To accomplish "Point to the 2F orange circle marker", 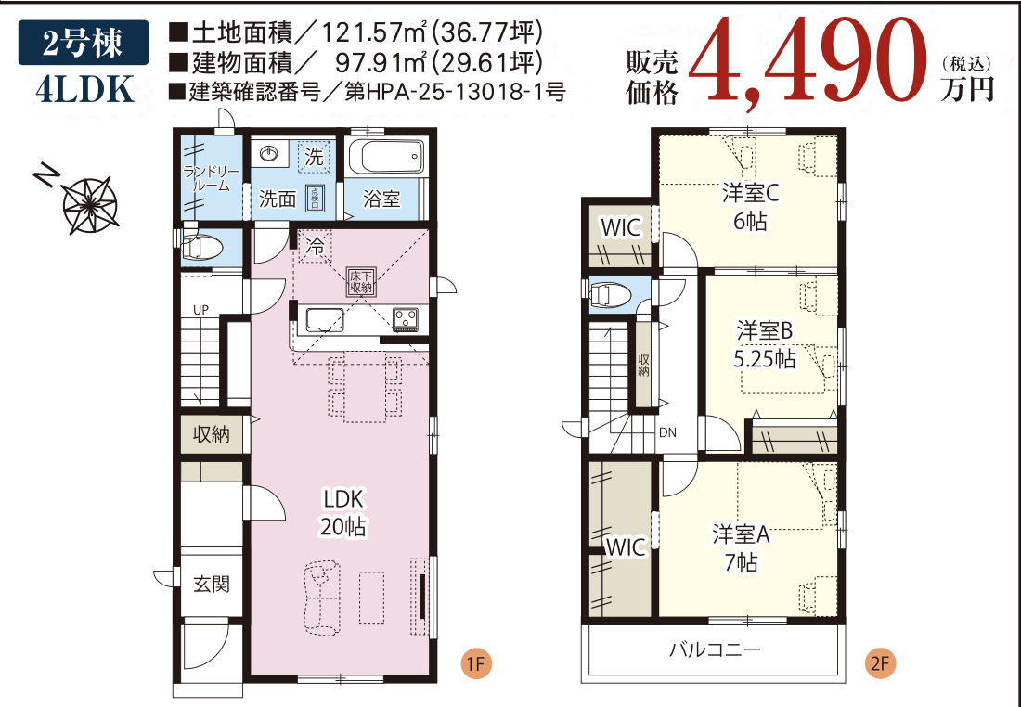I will point(880,664).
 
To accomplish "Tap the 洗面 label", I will point(277,199).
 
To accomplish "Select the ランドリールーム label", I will point(212,178).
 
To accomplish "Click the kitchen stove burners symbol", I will point(406,319).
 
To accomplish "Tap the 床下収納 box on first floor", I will point(361,281).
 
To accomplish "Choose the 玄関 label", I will point(212,585).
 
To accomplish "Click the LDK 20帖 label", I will point(343,512).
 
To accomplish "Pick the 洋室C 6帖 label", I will point(750,207).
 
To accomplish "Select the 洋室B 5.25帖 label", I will point(764,344).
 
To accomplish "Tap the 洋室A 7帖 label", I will point(742,547).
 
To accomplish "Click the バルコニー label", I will point(716,649).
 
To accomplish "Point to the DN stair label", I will point(667,431).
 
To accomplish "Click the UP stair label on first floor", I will point(200,309).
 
